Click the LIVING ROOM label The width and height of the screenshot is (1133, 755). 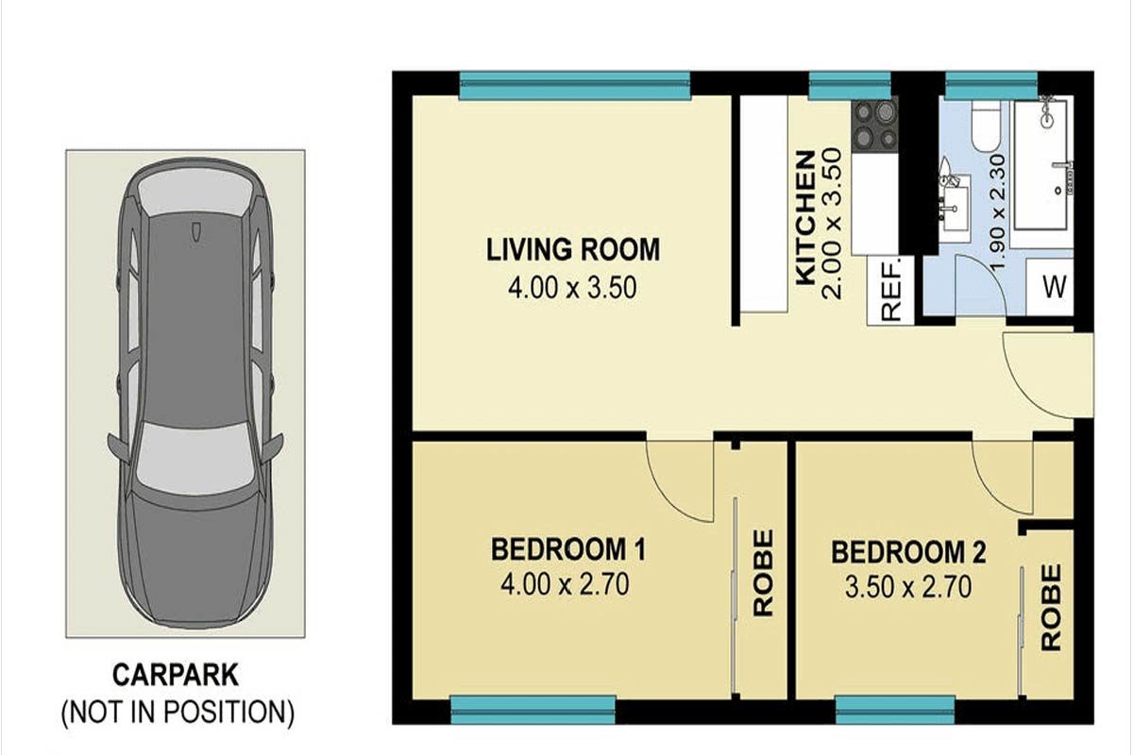point(573,249)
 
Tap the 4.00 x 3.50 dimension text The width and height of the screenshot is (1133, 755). point(572,288)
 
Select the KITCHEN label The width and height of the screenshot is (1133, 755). point(805,218)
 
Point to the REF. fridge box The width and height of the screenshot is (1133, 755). point(890,291)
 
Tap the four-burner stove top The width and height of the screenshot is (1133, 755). point(874,125)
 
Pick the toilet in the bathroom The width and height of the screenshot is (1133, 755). point(986,125)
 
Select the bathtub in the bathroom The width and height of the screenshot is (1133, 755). point(1041,165)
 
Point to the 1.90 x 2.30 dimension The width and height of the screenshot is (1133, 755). point(997,212)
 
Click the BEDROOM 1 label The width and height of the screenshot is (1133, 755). point(568,549)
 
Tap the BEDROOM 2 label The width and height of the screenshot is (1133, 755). point(908,552)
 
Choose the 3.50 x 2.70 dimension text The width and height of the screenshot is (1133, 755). point(908,588)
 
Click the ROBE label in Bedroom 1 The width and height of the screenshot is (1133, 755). point(763,573)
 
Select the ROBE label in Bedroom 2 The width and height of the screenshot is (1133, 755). point(1051,608)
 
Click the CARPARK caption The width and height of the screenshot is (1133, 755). point(176,675)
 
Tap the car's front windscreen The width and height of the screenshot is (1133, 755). point(194,459)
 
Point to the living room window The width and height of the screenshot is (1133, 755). point(575,86)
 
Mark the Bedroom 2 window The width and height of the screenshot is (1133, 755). point(895,710)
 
